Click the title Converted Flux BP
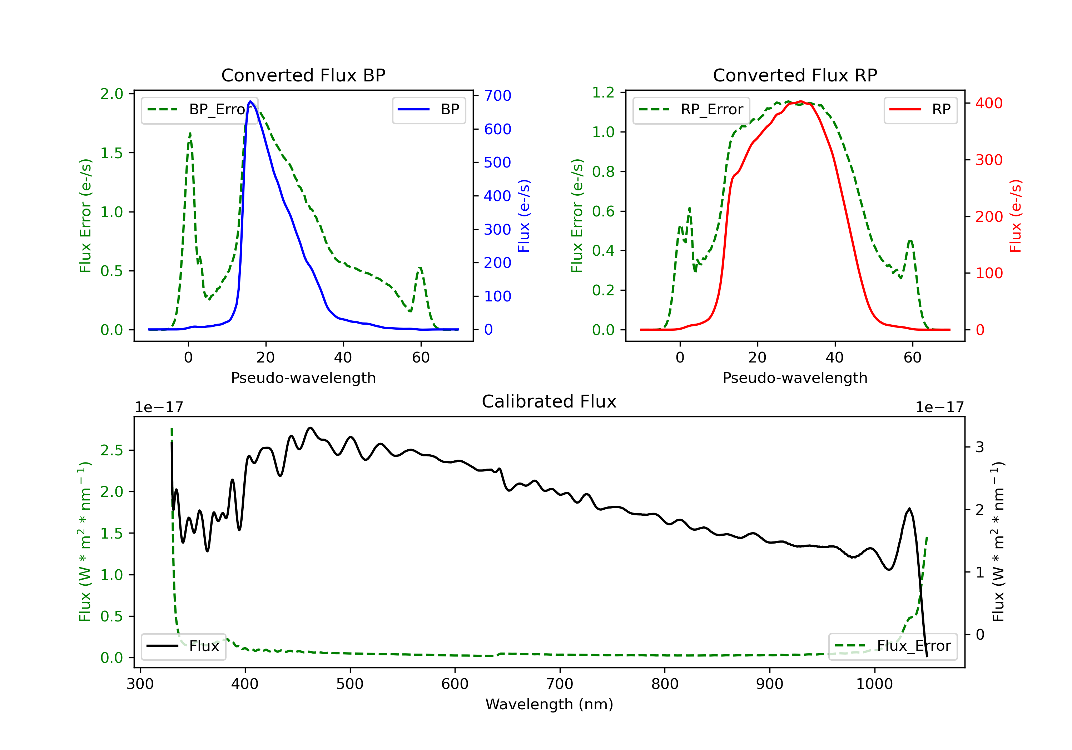point(303,75)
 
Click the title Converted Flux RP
point(795,75)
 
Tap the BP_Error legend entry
point(200,110)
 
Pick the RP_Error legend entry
point(691,110)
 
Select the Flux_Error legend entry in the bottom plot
point(893,646)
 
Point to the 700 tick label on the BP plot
point(497,96)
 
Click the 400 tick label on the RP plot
point(989,103)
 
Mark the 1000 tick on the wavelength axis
point(874,684)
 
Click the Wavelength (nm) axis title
point(549,704)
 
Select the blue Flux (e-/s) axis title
point(524,216)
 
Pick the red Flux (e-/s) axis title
point(1016,216)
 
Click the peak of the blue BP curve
point(250,101)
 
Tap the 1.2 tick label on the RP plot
point(603,93)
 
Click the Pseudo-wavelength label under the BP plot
point(303,377)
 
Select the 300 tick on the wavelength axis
point(140,684)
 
